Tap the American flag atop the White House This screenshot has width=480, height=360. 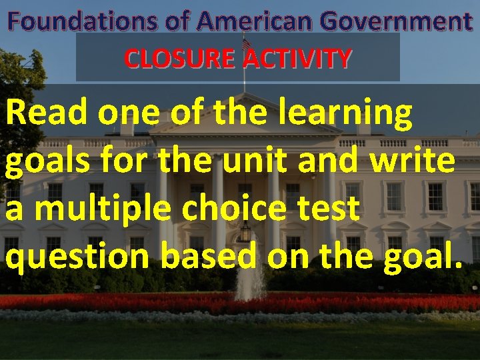click(246, 43)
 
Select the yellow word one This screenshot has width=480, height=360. click(128, 115)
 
